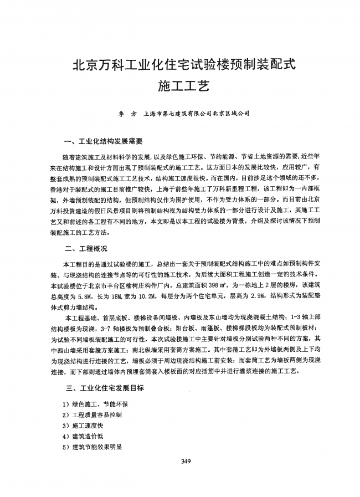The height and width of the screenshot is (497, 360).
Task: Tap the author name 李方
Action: pyautogui.click(x=126, y=115)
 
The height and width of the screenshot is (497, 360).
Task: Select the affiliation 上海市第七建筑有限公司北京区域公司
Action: pyautogui.click(x=196, y=115)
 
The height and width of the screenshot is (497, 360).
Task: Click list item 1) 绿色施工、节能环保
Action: pyautogui.click(x=95, y=404)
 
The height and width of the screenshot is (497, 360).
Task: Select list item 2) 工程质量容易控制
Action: pyautogui.click(x=92, y=415)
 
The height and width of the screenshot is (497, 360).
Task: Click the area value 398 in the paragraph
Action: pyautogui.click(x=225, y=285)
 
